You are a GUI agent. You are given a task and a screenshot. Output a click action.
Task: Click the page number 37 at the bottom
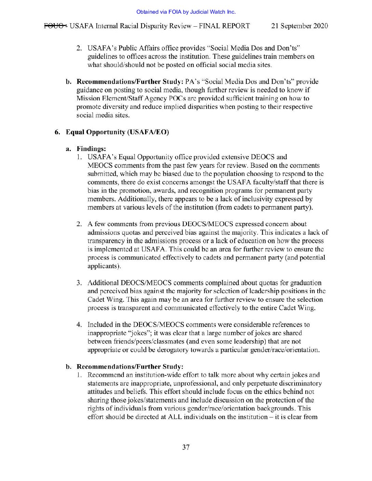pyautogui.click(x=186, y=447)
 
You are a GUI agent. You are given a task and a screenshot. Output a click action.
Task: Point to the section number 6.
pyautogui.click(x=57, y=132)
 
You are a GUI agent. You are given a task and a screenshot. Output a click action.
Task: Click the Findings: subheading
pyautogui.click(x=91, y=149)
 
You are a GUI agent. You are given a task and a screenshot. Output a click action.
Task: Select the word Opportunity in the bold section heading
pyautogui.click(x=105, y=132)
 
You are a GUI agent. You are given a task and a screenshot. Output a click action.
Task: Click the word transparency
pyautogui.click(x=106, y=241)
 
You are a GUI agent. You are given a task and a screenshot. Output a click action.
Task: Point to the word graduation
pyautogui.click(x=306, y=283)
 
